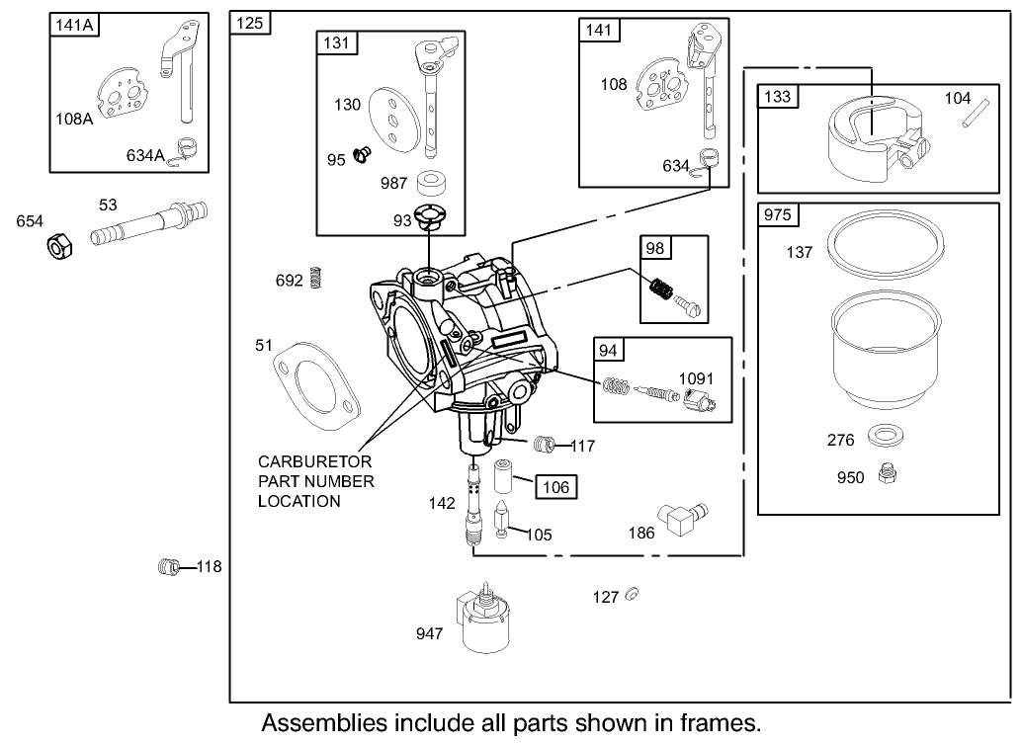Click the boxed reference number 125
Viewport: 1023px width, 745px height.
tap(251, 24)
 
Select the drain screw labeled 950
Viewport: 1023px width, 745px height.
tap(888, 475)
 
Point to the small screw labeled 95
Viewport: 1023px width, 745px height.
tap(362, 155)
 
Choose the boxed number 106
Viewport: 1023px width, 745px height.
tap(557, 486)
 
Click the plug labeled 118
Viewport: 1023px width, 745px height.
tap(169, 566)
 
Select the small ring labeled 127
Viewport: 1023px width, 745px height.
tap(634, 594)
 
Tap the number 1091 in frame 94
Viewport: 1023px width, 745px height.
tap(695, 378)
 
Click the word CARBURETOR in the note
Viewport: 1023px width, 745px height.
tap(315, 461)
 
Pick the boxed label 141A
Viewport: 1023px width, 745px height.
tap(74, 26)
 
